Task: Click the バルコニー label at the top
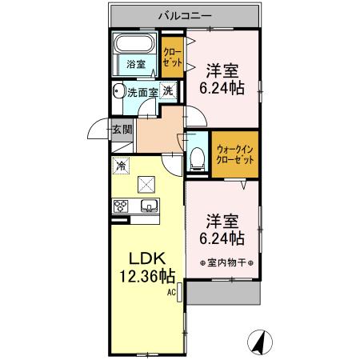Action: tap(184, 15)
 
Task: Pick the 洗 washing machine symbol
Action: tap(168, 90)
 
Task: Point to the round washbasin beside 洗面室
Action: tap(118, 90)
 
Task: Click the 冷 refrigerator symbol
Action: tap(121, 166)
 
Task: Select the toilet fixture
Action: tap(197, 157)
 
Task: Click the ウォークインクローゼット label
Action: tap(236, 153)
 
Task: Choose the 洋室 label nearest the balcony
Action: tap(224, 78)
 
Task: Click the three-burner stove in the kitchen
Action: tap(122, 206)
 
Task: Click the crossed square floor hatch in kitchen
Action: tap(146, 185)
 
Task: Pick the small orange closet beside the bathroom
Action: tap(172, 53)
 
